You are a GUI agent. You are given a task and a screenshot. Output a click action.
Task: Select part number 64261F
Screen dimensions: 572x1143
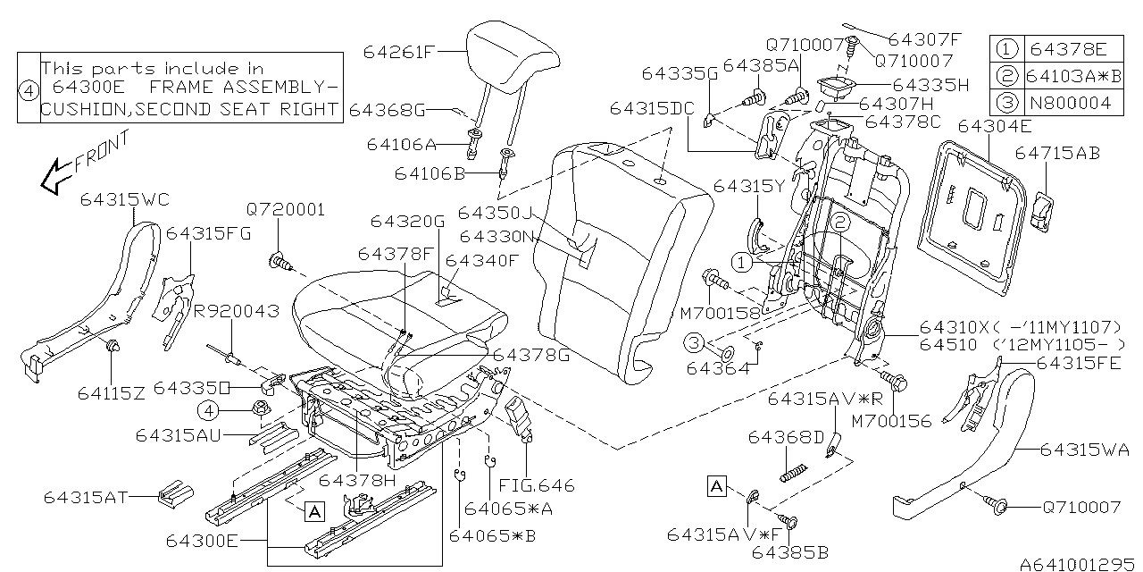coord(398,52)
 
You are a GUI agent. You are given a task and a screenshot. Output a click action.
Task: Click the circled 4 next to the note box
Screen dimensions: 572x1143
coord(29,88)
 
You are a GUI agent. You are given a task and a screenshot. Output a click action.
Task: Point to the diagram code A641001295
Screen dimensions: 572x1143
coord(1078,564)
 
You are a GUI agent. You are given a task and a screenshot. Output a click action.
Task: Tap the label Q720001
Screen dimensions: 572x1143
coord(286,210)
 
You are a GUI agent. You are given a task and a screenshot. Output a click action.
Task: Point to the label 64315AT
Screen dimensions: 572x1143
coord(85,496)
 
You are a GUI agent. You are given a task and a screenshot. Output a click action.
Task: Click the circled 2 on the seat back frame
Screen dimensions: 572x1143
coord(839,223)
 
